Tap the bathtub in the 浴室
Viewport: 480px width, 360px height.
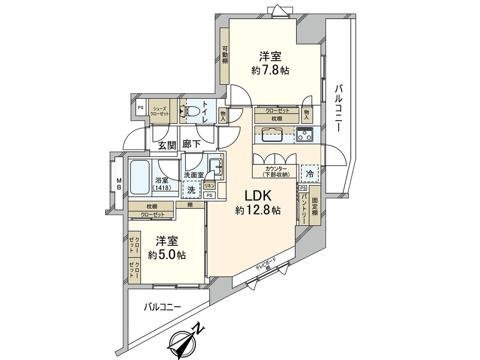(140, 177)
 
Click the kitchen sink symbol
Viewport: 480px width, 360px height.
(272, 135)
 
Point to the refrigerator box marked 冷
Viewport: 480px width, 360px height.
(310, 174)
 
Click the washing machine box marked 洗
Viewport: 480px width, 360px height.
(192, 190)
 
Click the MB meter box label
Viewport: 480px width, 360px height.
(119, 184)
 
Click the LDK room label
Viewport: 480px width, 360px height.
(258, 196)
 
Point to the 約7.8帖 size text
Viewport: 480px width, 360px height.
(270, 71)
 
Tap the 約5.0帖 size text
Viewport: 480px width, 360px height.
(167, 254)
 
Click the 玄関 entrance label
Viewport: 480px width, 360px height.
(167, 145)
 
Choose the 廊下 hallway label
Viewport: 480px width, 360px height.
(192, 144)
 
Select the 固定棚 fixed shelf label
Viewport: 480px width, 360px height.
(315, 206)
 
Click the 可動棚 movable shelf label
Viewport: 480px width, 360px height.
(225, 55)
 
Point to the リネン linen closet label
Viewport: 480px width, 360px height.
(210, 186)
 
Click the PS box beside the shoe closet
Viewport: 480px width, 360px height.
(141, 108)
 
